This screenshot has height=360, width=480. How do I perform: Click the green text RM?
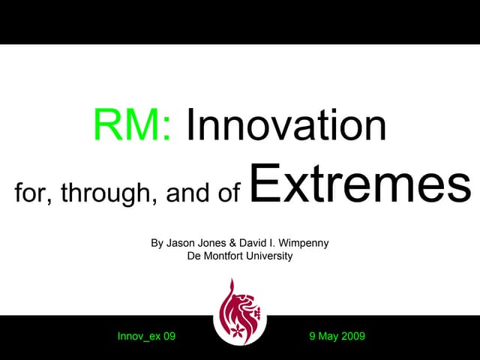[132, 126]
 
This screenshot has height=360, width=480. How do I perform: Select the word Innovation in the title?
[286, 126]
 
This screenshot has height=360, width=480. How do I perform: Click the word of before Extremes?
[229, 193]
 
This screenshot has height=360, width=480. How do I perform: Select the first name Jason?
[181, 243]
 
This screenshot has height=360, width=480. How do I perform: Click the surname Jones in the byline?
[214, 243]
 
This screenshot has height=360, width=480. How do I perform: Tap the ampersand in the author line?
[234, 243]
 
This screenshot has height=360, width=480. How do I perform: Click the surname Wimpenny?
[303, 243]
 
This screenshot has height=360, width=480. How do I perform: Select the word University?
[268, 256]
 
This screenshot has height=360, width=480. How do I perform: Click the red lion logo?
[239, 311]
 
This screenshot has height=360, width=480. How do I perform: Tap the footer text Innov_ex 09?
[146, 336]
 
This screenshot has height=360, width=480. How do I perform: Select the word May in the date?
[327, 336]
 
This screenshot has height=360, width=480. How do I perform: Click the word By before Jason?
[157, 243]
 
